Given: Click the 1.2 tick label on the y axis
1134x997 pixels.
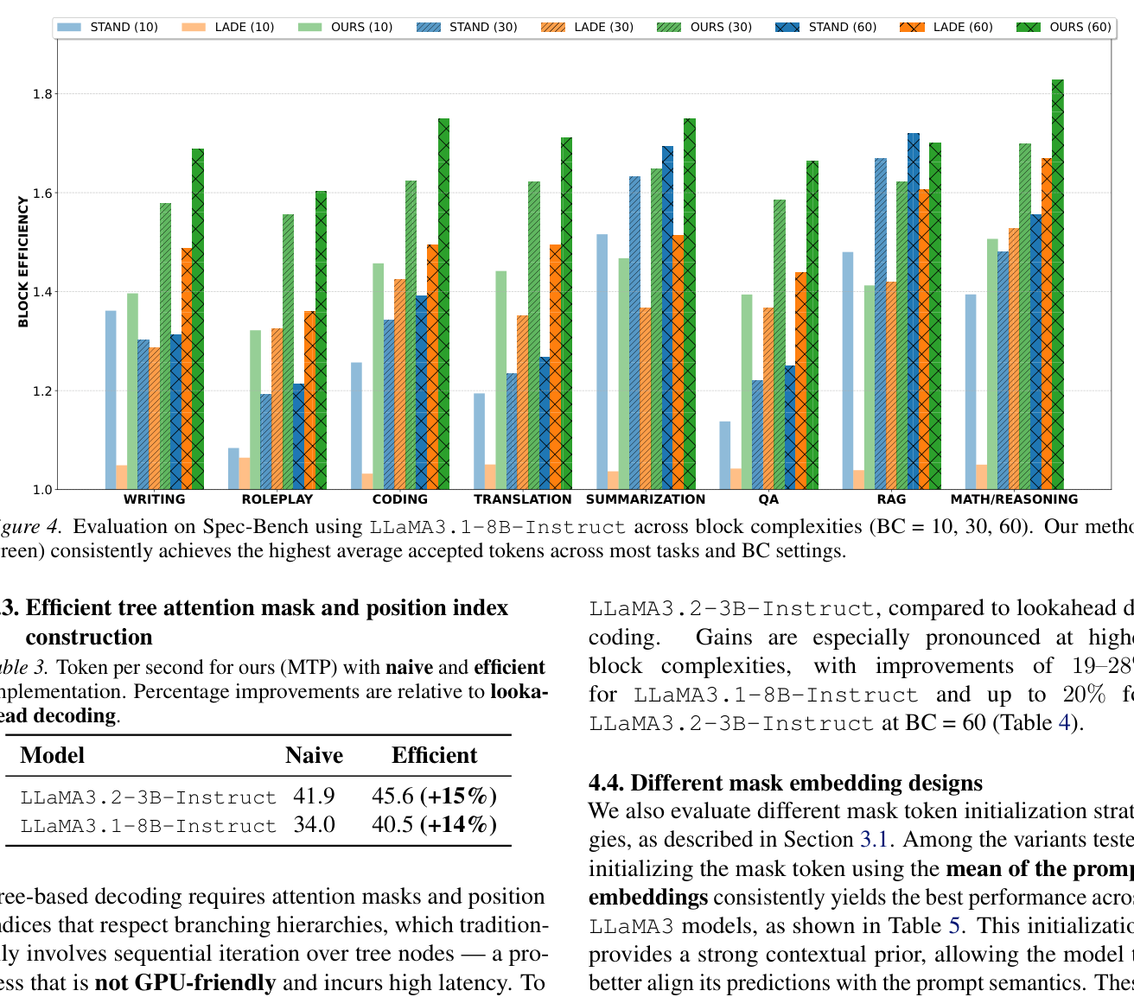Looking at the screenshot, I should (41, 391).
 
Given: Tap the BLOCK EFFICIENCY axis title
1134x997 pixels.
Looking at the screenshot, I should (23, 262).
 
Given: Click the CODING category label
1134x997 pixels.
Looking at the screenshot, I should (399, 499).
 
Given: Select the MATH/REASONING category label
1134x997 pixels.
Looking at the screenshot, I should (1014, 499).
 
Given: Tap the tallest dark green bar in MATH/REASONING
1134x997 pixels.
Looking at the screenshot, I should (1057, 285).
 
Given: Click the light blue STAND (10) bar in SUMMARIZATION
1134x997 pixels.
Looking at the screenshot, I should (602, 362).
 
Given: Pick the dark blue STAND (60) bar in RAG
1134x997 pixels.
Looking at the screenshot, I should (914, 311).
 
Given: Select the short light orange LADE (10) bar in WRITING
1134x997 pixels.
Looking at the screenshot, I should (122, 478).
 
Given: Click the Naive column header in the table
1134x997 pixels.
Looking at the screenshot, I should (314, 756).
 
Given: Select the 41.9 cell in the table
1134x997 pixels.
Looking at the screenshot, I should (314, 796).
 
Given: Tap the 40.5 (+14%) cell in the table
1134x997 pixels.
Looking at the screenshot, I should (434, 824).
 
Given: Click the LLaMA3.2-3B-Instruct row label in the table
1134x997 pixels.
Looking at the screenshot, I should (148, 797).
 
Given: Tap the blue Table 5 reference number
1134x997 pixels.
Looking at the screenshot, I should (954, 926).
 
